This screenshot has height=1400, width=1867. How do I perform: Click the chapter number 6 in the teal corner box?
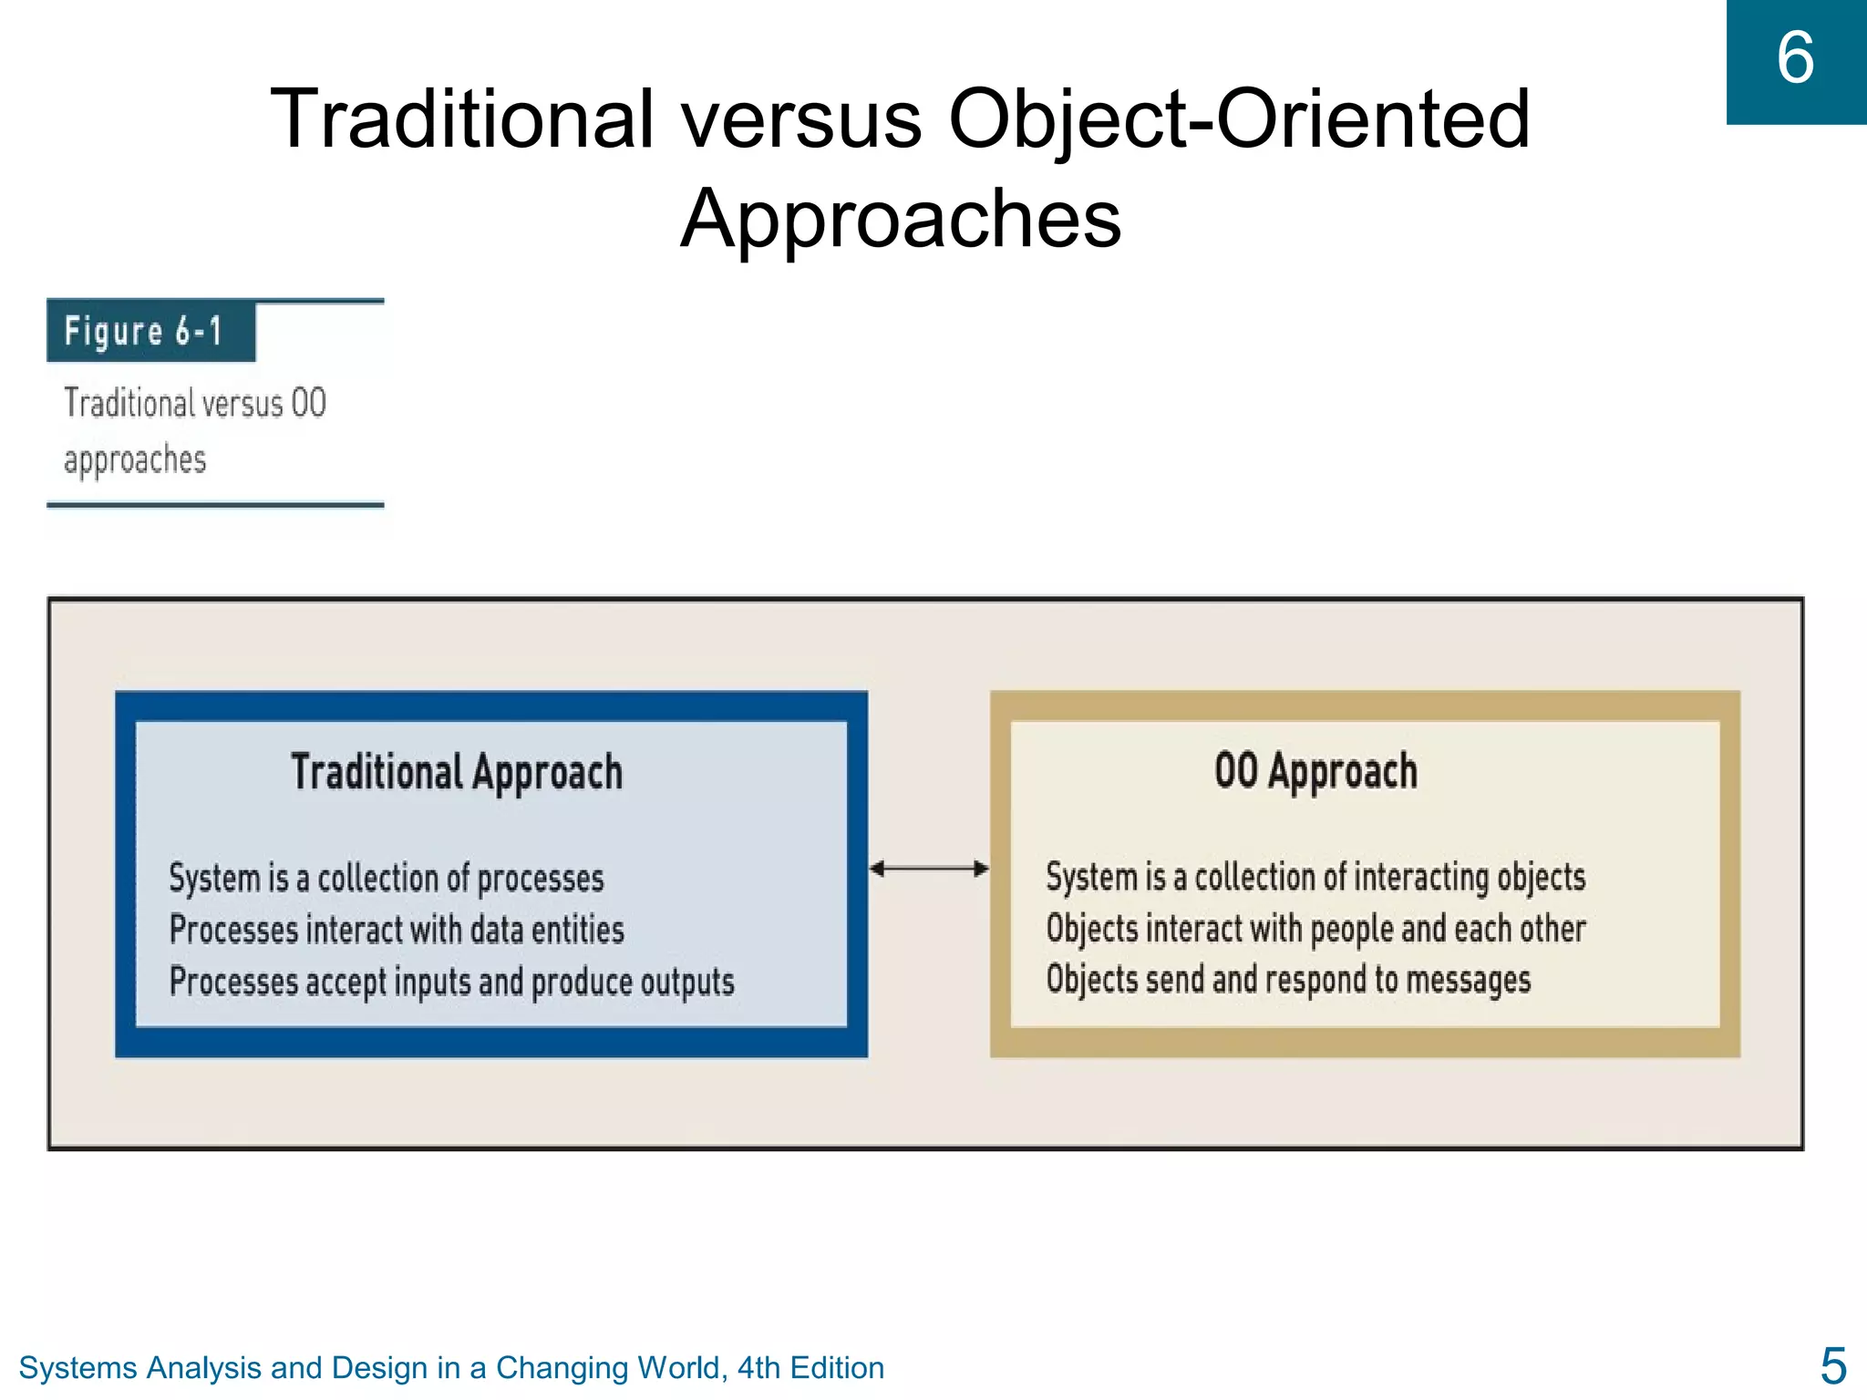[1795, 58]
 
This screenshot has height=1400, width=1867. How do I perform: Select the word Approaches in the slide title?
[901, 219]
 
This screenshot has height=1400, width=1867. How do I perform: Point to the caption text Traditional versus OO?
[195, 403]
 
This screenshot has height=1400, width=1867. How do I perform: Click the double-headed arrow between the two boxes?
[929, 869]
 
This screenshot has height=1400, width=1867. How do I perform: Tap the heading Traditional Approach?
[457, 773]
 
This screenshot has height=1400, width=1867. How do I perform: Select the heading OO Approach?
[1315, 771]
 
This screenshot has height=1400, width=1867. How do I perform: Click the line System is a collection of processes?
[387, 879]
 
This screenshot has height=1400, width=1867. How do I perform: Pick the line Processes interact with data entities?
[397, 931]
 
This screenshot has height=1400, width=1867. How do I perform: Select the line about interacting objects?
[1315, 877]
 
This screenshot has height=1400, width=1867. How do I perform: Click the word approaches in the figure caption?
[135, 460]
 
